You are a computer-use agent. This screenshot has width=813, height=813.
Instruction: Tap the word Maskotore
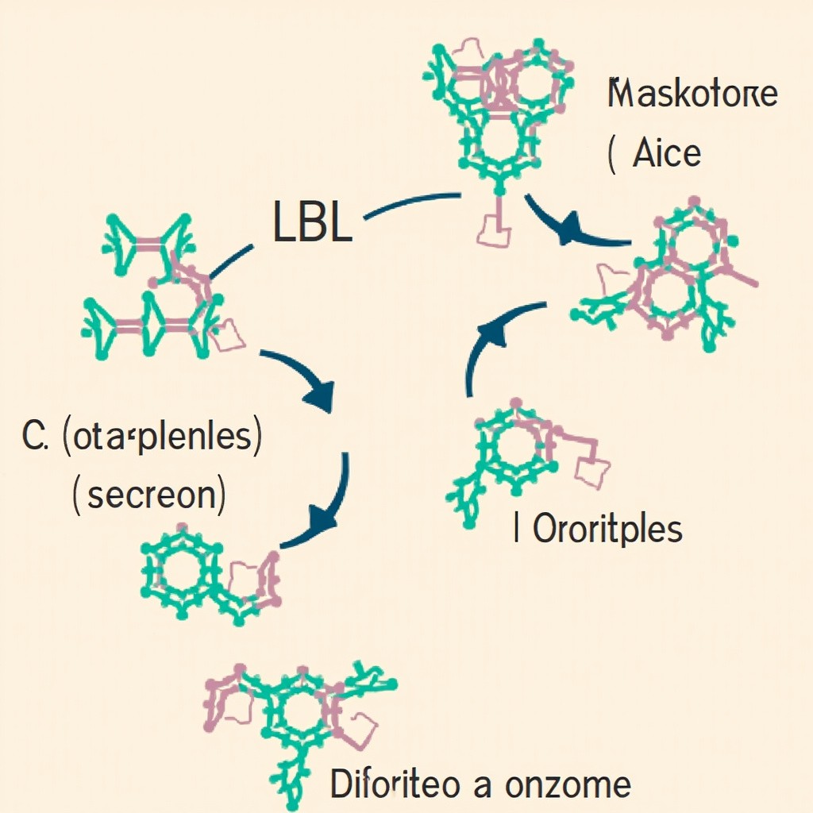point(692,95)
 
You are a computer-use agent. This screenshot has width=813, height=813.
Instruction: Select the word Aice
point(666,152)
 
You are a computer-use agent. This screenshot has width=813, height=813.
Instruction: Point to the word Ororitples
point(607,529)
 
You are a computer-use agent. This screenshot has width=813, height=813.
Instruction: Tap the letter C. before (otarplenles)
point(37,439)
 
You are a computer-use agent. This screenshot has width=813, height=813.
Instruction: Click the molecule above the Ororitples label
point(524,457)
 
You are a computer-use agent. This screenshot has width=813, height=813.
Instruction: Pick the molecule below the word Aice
point(667,278)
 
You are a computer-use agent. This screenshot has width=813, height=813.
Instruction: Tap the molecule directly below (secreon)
point(210,572)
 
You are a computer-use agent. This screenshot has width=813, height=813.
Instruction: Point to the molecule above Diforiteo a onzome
point(298,703)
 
